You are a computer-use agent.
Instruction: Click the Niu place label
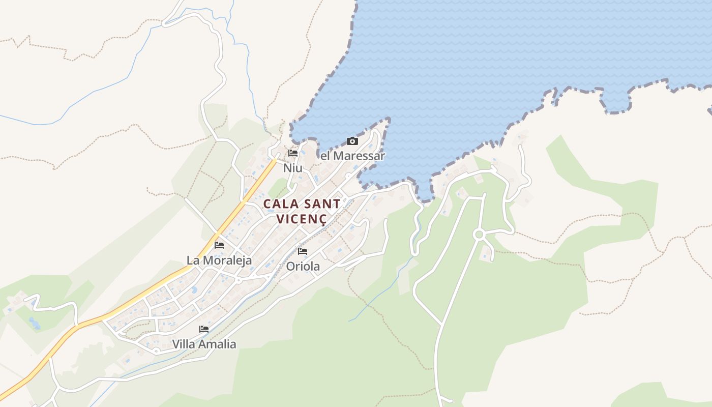click(x=292, y=168)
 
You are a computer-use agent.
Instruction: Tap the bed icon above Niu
click(x=293, y=153)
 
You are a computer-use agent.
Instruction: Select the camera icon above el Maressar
click(x=352, y=141)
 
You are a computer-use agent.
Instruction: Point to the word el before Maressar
click(x=325, y=156)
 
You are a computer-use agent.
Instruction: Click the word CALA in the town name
click(x=281, y=204)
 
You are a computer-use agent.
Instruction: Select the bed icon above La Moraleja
click(x=219, y=245)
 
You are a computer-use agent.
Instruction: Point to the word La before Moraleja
click(x=193, y=260)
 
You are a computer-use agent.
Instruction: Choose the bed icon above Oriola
click(x=303, y=251)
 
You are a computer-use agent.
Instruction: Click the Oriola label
click(x=303, y=266)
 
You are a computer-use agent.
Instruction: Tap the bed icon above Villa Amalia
click(x=204, y=329)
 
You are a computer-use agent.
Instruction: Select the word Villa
click(x=185, y=344)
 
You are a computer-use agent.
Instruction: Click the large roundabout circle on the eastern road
click(x=479, y=235)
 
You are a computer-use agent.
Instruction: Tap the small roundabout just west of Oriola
click(x=238, y=280)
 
